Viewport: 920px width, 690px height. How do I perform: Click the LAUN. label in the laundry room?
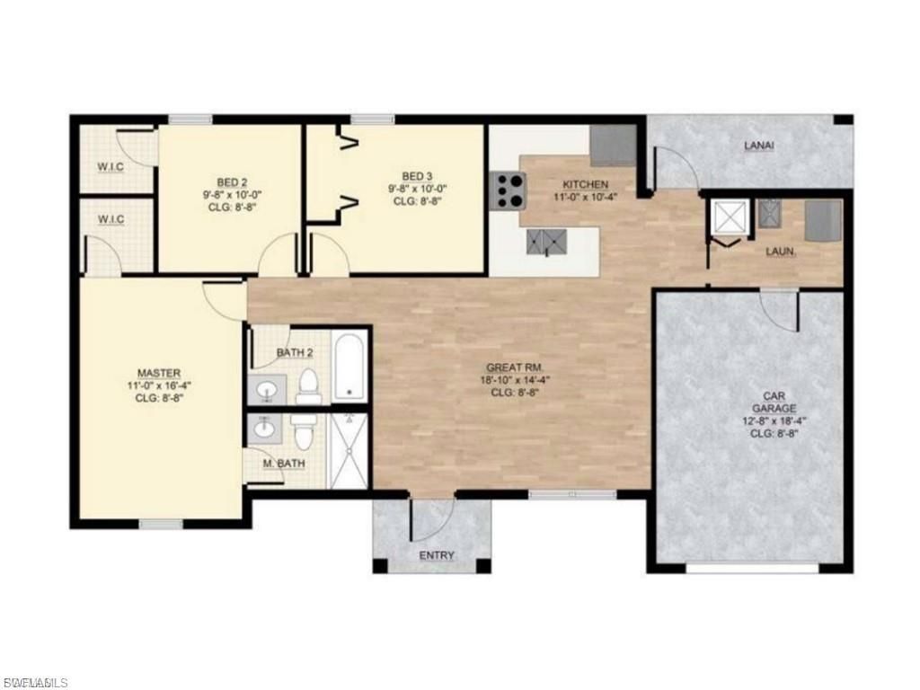tap(780, 252)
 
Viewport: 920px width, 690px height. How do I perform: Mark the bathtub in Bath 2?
tap(349, 367)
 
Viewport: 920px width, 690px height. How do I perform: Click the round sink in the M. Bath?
tap(264, 430)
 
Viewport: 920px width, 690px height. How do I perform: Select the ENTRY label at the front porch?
tap(437, 555)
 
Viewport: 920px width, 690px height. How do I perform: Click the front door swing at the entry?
tap(431, 518)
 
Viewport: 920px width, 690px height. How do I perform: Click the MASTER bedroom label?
tap(159, 373)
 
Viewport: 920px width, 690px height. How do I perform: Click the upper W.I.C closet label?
tap(111, 166)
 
